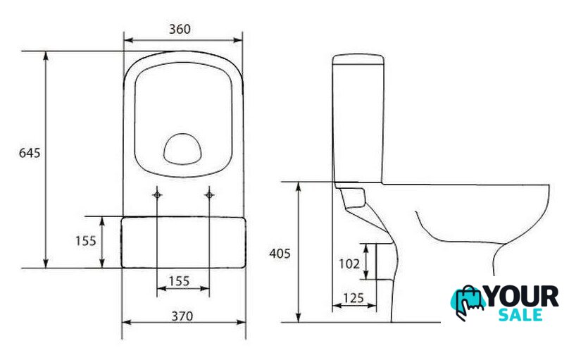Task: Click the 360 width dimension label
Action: [180, 29]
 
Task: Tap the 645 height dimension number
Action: [30, 153]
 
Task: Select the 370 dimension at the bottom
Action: [182, 316]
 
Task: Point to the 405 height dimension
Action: [280, 254]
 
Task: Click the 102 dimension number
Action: [349, 263]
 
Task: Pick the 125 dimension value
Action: [353, 298]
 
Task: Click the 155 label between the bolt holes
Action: [180, 281]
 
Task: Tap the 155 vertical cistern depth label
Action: [86, 241]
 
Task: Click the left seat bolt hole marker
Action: [157, 195]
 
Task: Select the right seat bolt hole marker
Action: [209, 195]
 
